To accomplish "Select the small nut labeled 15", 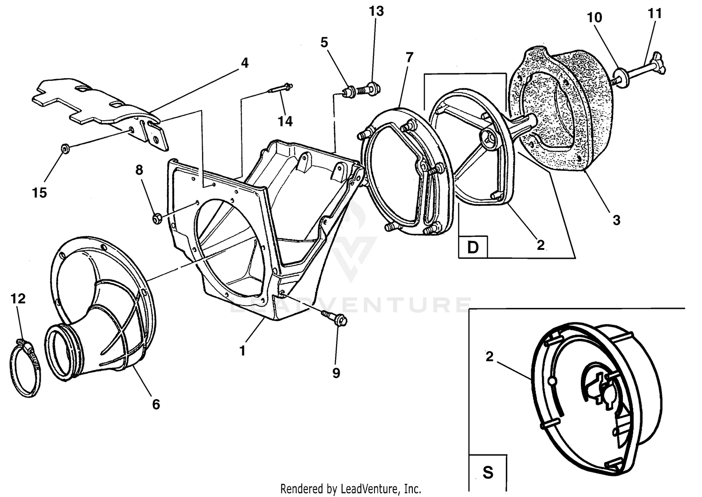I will [x=63, y=149].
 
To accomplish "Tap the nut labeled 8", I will [x=157, y=218].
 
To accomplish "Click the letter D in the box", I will [x=473, y=247].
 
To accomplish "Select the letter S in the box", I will [x=488, y=472].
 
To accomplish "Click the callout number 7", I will [x=409, y=58].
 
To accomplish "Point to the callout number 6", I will [x=156, y=404].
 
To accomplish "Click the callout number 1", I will [x=242, y=351].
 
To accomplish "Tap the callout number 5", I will [x=324, y=42].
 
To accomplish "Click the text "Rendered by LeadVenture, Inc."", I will [x=351, y=489].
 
